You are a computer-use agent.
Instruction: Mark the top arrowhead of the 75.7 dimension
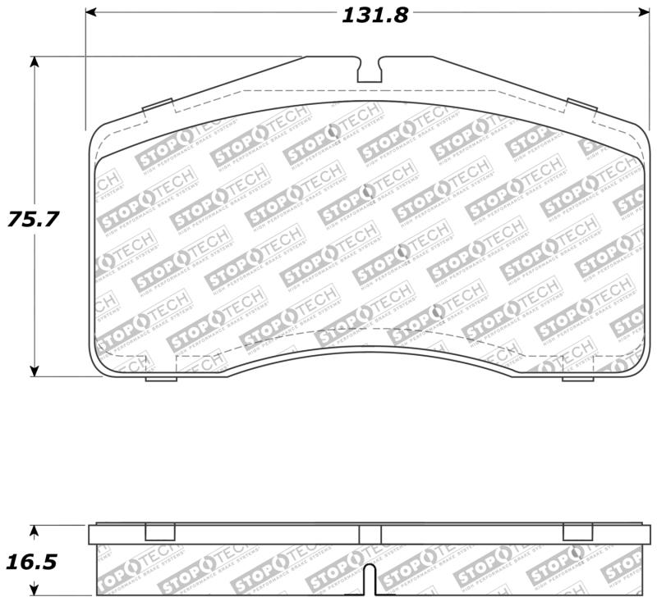pos(34,62)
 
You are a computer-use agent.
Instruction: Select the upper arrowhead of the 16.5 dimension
pos(34,531)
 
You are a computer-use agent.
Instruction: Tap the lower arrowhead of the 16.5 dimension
pos(34,590)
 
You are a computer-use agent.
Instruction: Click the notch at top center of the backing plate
pos(370,70)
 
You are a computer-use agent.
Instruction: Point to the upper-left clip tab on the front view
pos(157,107)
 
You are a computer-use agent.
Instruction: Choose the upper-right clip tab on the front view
pos(581,107)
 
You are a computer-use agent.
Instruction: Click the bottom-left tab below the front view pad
pos(161,378)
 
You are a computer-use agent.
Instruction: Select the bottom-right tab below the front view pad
pos(577,378)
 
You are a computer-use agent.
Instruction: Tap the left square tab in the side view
pos(159,531)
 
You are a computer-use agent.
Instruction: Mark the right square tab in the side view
pos(577,531)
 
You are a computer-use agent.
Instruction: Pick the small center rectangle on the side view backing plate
pos(370,535)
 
